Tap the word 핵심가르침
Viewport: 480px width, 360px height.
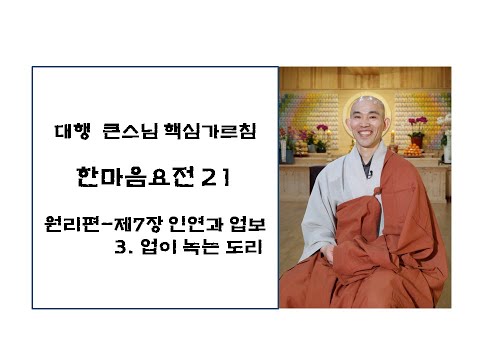click(x=201, y=131)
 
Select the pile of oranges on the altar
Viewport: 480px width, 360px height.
click(x=413, y=149)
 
